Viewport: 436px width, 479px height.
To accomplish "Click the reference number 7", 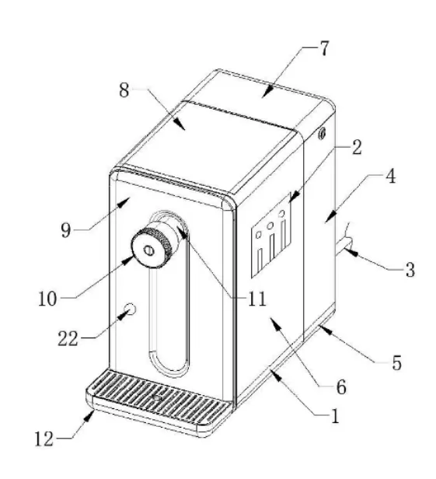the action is (x=324, y=48).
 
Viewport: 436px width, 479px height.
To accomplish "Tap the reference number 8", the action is (x=124, y=90).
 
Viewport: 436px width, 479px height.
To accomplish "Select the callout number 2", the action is (x=356, y=147).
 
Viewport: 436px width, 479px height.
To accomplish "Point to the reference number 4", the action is (x=390, y=176).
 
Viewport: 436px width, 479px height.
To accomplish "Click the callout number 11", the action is (x=256, y=299).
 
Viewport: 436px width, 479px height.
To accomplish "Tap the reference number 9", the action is (x=66, y=230).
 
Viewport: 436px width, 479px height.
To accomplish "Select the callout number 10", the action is (x=47, y=299).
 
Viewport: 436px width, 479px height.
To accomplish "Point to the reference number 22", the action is (x=68, y=338).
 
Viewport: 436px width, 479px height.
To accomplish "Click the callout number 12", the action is (x=44, y=439).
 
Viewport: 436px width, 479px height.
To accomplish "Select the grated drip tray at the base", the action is (x=158, y=401).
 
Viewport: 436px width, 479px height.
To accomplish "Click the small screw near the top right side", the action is (x=322, y=133).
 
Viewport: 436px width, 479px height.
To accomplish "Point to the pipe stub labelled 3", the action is (x=344, y=243).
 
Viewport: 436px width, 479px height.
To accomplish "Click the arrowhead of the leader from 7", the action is (x=267, y=93).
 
